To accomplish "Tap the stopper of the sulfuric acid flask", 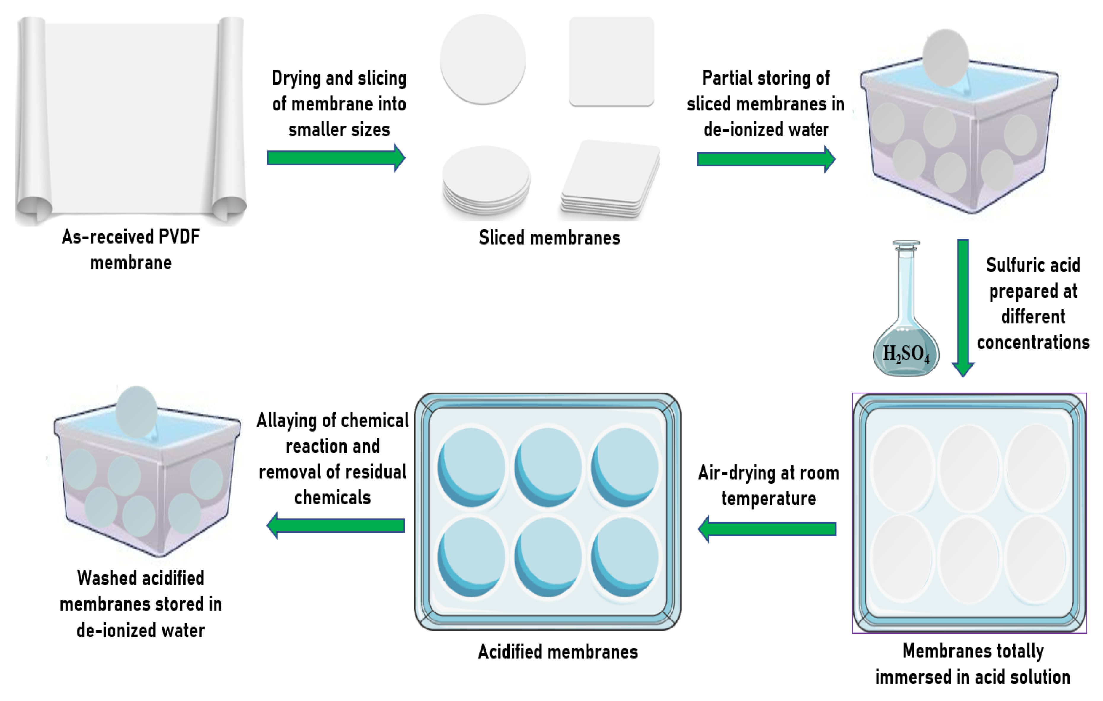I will (x=906, y=245).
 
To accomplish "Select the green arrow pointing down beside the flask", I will (x=963, y=307).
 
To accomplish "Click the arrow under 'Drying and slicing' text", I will (x=336, y=158).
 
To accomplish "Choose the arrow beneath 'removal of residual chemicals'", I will (x=336, y=525).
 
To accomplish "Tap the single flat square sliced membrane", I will (x=611, y=61).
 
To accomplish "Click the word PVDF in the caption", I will (x=179, y=237).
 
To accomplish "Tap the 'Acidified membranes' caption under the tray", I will (x=558, y=652).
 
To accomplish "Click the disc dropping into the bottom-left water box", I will (x=136, y=412).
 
